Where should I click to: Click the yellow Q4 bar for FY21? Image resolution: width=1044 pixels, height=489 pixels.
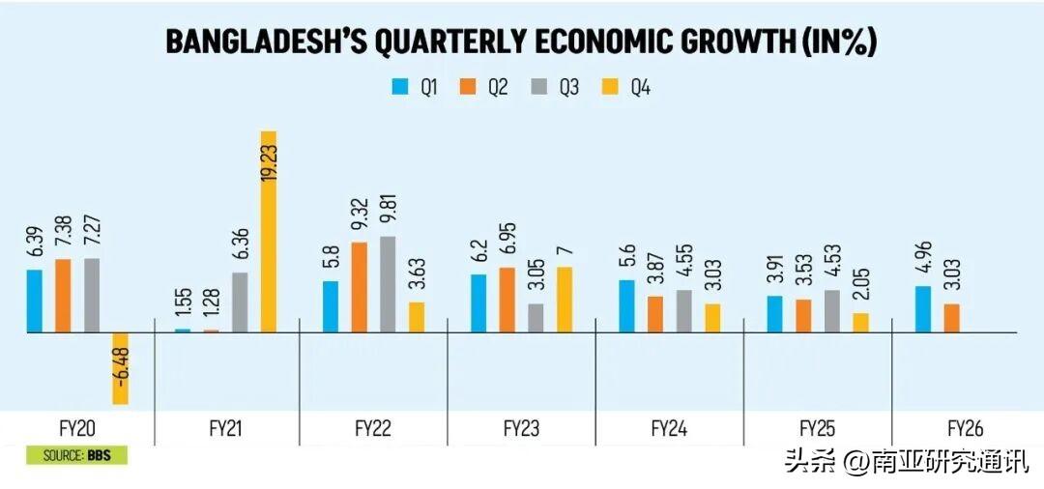coord(269,232)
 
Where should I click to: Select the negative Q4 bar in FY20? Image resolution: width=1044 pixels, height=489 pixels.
coord(121,368)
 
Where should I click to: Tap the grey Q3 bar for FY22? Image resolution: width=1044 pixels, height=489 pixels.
coord(389,284)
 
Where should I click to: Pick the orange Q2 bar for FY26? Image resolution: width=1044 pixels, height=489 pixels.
coord(951,318)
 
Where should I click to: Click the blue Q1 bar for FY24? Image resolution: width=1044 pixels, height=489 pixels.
coord(626,306)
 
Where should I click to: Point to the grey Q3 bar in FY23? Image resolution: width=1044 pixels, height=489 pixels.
coord(536,318)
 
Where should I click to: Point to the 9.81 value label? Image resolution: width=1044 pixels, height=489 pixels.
coord(389,211)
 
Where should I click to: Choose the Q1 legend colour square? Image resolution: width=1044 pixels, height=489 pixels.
coord(400,87)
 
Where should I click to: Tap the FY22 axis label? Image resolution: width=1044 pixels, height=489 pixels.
coord(372,428)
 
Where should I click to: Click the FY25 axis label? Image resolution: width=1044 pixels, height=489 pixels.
coord(819,428)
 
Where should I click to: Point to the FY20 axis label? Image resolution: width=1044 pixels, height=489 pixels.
coord(77,428)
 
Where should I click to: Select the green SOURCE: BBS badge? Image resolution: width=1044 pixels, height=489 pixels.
coord(77,456)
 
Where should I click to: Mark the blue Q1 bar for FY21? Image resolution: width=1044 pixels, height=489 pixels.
coord(183,330)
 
